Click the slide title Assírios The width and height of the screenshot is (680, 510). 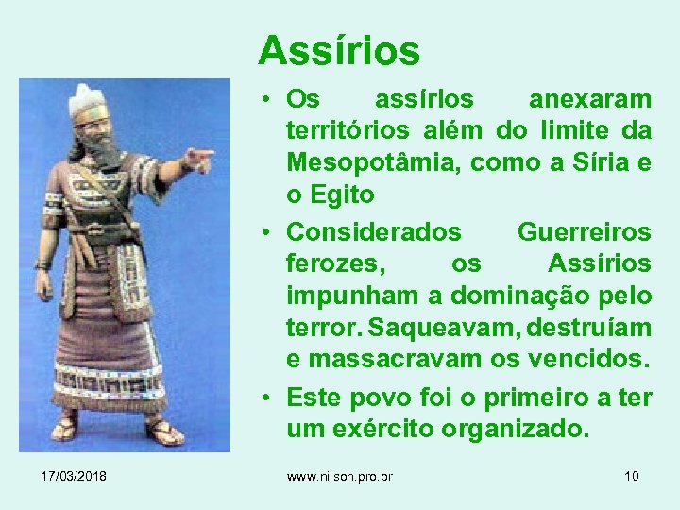click(x=338, y=50)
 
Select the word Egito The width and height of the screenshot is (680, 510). click(x=340, y=195)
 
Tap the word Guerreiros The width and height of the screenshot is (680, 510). click(x=584, y=231)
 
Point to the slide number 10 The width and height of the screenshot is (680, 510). click(x=631, y=476)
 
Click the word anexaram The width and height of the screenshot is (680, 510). click(x=589, y=98)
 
